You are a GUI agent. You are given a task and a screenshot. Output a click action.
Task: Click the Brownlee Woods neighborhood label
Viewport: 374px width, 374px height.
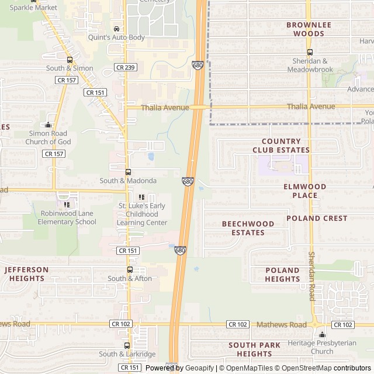click(309, 29)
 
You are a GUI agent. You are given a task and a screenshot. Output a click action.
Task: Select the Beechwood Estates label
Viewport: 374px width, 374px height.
click(248, 228)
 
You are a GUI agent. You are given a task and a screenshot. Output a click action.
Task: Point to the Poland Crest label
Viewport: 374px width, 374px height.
click(317, 218)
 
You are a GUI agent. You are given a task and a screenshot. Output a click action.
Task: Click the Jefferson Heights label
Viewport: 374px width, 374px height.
click(26, 274)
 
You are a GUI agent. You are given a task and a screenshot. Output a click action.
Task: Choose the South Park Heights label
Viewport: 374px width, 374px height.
click(255, 349)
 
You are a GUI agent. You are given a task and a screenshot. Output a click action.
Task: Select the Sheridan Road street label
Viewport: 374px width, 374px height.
click(311, 276)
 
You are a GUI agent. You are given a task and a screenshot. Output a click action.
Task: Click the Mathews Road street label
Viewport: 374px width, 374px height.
click(282, 324)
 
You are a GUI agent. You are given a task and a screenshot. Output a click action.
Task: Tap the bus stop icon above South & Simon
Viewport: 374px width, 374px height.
click(70, 60)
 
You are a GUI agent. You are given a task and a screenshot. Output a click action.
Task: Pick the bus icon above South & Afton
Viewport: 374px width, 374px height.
click(130, 270)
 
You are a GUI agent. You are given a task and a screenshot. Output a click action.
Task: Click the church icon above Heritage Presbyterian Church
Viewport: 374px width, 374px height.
click(322, 334)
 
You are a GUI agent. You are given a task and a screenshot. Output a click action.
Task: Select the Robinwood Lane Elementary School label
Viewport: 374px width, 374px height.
click(67, 217)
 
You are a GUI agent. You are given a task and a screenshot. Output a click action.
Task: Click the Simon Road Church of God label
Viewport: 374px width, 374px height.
click(50, 137)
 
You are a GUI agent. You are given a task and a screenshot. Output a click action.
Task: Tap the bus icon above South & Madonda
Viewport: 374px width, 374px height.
click(128, 172)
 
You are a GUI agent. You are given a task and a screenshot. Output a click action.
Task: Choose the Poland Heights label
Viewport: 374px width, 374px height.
click(282, 275)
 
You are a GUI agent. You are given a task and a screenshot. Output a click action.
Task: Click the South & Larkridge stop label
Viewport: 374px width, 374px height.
click(127, 354)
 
